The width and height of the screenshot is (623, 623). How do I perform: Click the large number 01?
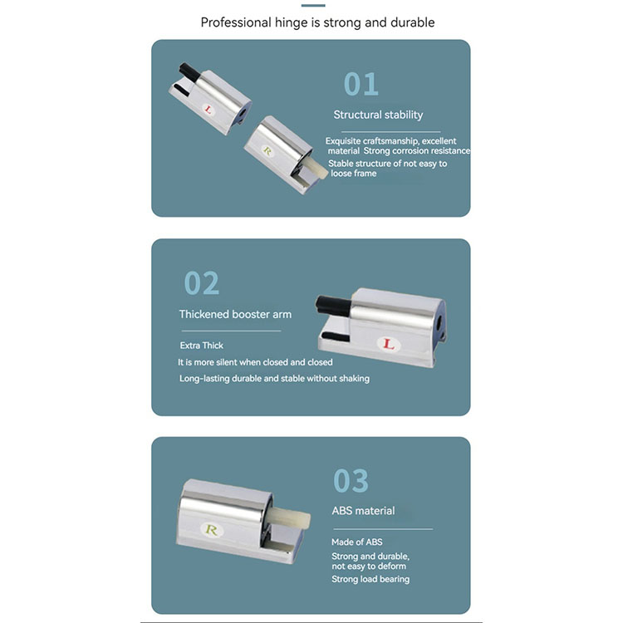[x=361, y=84]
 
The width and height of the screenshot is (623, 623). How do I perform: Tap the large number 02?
[x=202, y=283]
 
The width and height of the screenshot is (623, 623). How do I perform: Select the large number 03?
[x=351, y=481]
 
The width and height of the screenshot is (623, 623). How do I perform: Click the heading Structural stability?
[x=378, y=115]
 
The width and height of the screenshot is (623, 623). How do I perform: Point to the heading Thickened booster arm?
[x=235, y=314]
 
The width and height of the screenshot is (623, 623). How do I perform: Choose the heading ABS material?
[x=364, y=511]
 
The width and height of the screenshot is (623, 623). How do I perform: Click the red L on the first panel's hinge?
[x=208, y=110]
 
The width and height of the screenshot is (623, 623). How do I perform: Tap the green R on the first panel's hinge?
[x=267, y=151]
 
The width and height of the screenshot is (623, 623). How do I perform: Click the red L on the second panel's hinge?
[x=388, y=344]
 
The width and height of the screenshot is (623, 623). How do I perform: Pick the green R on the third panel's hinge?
[x=211, y=530]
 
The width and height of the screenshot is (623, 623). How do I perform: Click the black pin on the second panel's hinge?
[x=333, y=305]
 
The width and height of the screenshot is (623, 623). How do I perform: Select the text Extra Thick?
[x=202, y=346]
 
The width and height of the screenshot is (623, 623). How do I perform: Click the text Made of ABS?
[x=357, y=542]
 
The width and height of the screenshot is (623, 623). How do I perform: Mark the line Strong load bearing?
[x=370, y=579]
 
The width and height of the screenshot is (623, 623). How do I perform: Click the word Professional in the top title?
[x=236, y=22]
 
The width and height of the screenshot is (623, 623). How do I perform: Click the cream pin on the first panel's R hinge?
[x=315, y=167]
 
